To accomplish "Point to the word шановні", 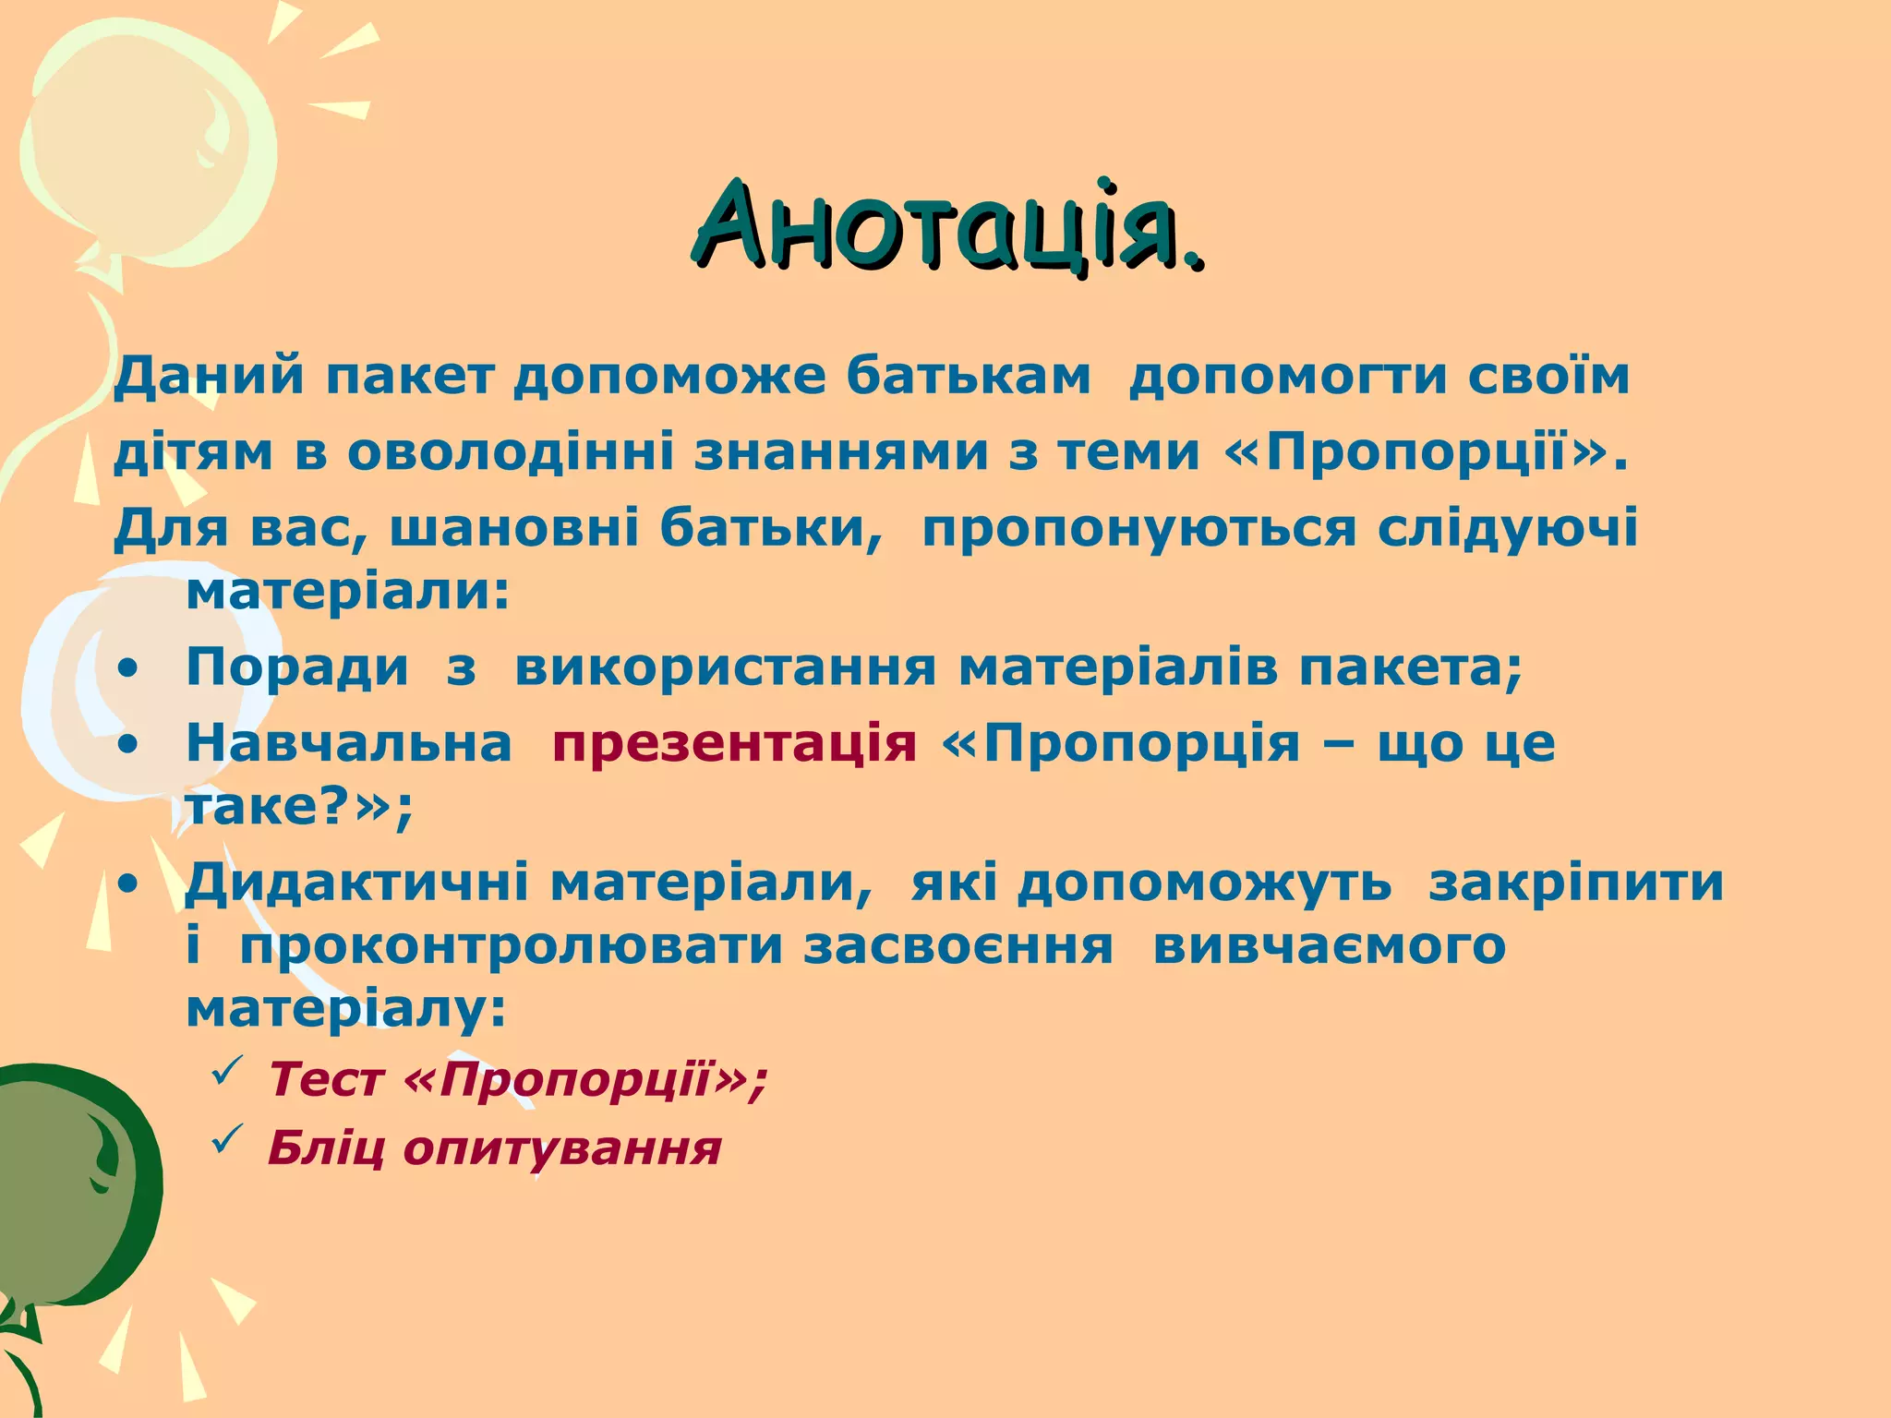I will [514, 529].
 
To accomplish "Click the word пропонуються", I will [1139, 529].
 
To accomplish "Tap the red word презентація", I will [735, 742].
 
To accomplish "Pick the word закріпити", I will [1576, 882].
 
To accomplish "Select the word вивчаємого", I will [1330, 946].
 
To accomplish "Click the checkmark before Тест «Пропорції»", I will [227, 1073].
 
